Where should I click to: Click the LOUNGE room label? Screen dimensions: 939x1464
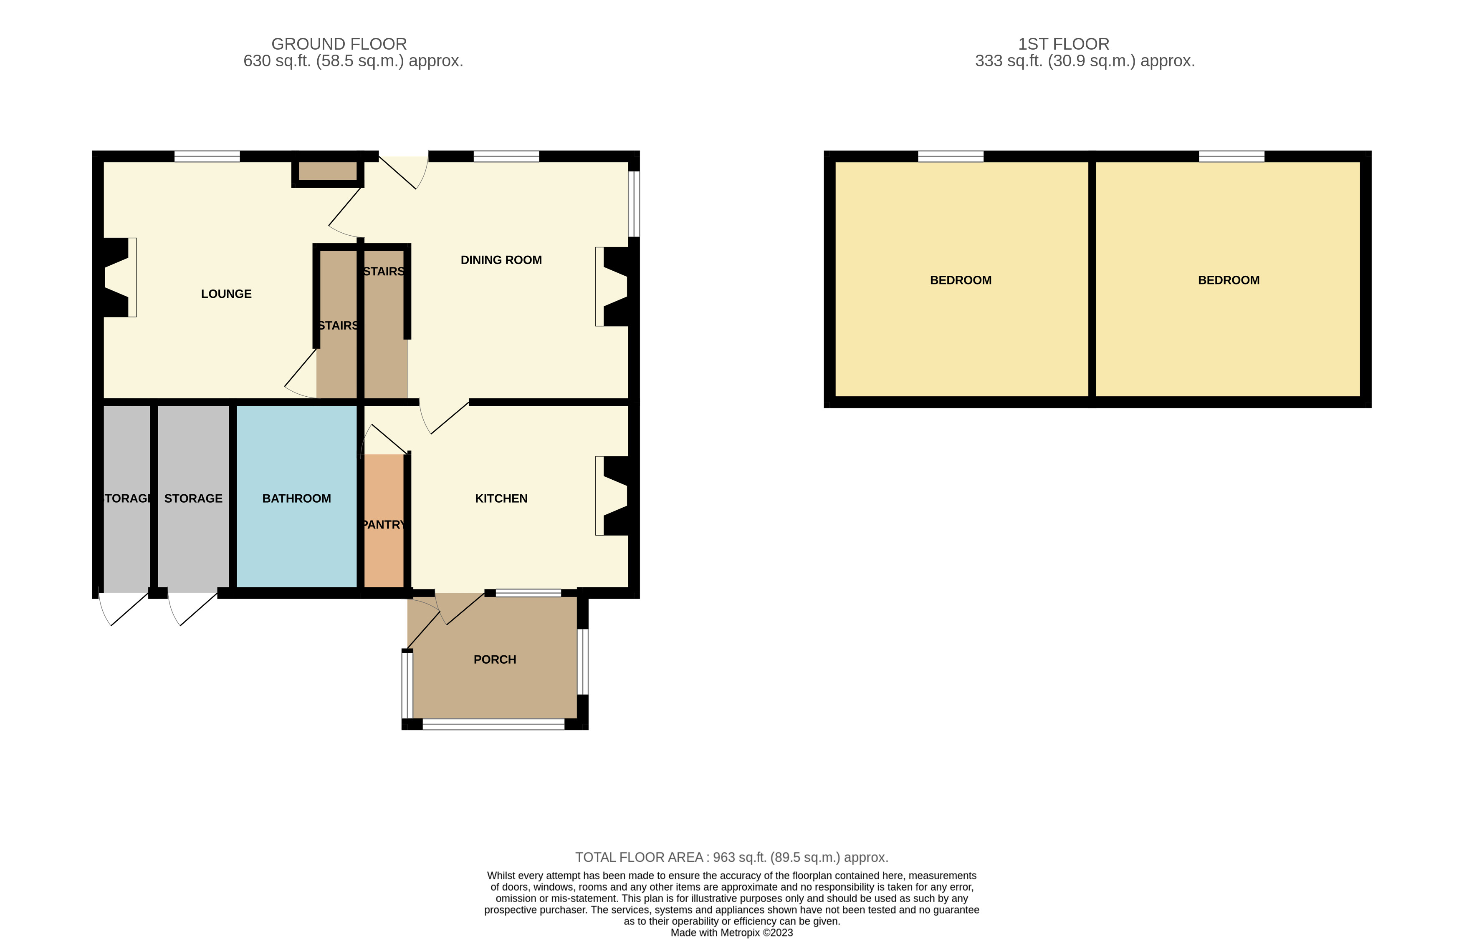click(226, 294)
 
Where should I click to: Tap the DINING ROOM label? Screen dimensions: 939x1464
click(501, 260)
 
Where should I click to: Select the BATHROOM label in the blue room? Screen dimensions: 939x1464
click(296, 498)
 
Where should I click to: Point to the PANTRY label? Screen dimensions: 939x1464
click(383, 524)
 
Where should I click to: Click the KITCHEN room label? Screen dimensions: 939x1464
click(501, 498)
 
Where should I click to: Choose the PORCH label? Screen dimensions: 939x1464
click(495, 659)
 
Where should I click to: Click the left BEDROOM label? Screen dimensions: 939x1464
click(960, 280)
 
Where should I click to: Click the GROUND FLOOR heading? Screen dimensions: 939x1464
click(339, 44)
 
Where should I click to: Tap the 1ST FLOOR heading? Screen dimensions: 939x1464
click(1063, 44)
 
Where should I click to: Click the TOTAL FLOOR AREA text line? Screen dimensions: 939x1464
click(731, 857)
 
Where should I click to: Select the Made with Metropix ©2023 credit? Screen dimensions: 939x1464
click(731, 932)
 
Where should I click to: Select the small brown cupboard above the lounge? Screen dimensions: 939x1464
click(328, 171)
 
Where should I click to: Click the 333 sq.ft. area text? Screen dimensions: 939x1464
click(1084, 61)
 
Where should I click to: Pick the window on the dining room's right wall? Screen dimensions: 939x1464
click(635, 204)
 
